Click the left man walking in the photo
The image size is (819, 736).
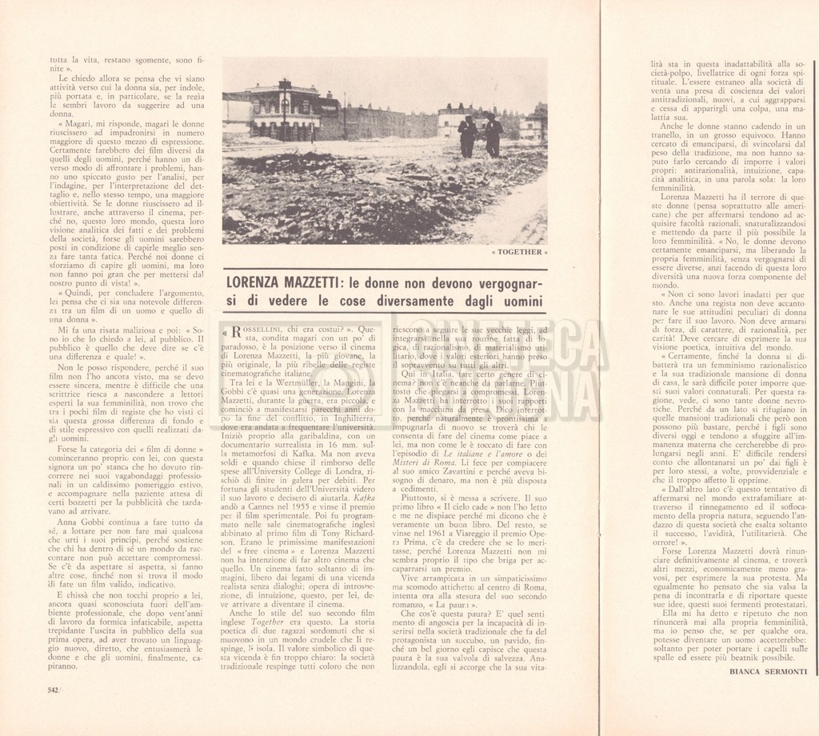click(x=467, y=135)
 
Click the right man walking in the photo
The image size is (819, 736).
click(x=493, y=136)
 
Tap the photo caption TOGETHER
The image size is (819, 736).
click(x=521, y=252)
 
